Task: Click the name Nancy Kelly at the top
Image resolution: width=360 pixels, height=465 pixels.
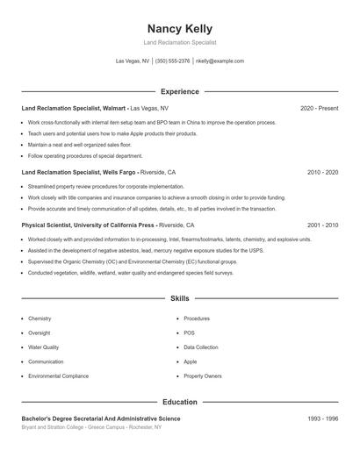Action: tap(180, 29)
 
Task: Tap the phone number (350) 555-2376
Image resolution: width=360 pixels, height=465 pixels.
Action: tap(173, 61)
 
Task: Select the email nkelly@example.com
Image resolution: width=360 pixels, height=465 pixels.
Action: tap(220, 61)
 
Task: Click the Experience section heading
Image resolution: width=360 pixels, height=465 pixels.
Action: tap(180, 91)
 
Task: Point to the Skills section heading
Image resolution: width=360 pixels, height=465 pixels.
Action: tap(180, 299)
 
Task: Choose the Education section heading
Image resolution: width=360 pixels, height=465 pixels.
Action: tap(180, 402)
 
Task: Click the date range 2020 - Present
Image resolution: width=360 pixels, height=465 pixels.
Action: tap(319, 108)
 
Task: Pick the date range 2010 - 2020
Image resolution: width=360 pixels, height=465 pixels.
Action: tap(322, 173)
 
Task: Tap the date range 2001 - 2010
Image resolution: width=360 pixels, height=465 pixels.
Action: tap(322, 225)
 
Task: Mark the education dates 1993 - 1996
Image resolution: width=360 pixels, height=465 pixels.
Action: tap(322, 419)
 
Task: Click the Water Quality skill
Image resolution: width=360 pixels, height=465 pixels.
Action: tap(45, 347)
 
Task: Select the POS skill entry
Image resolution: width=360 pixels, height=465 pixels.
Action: tap(189, 333)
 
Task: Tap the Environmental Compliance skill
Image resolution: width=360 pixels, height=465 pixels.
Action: tap(58, 376)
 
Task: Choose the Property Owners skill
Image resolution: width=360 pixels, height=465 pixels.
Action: tap(203, 376)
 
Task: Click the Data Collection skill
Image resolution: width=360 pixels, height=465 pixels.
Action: tap(201, 347)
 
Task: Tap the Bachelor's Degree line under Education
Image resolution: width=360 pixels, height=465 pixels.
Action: tap(101, 419)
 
